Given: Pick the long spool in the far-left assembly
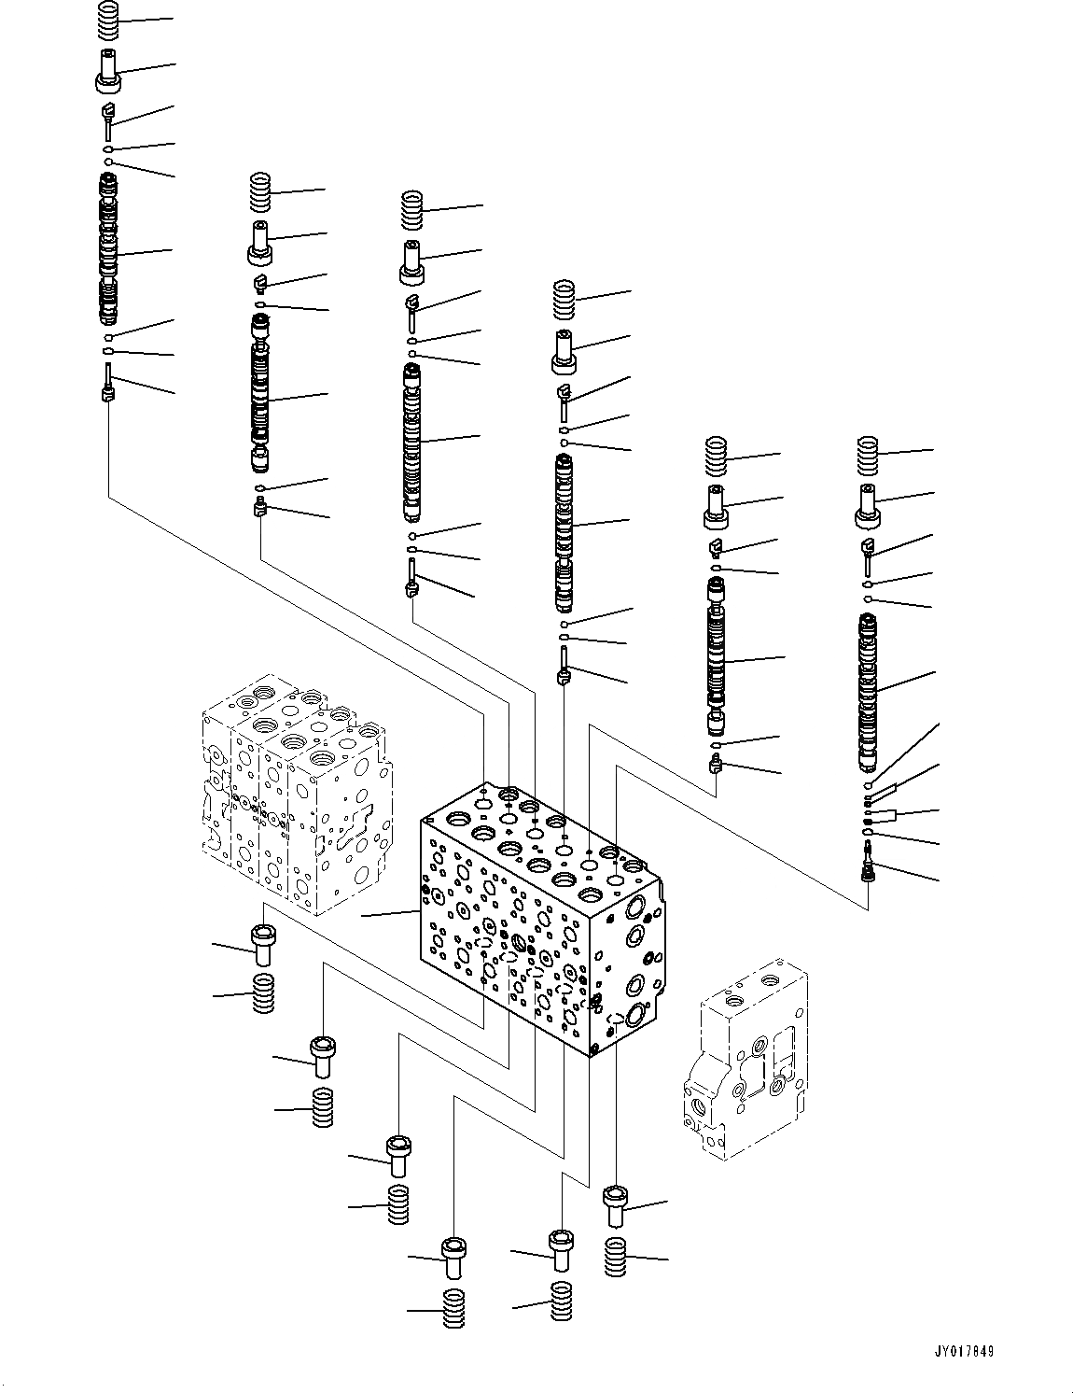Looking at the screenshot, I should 109,252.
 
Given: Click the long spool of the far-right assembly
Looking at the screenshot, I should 870,691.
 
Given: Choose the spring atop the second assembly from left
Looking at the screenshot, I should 260,194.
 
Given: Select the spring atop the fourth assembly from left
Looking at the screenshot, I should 564,299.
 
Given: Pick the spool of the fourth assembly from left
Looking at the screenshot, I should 564,528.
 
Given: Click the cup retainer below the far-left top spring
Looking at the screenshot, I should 109,72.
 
